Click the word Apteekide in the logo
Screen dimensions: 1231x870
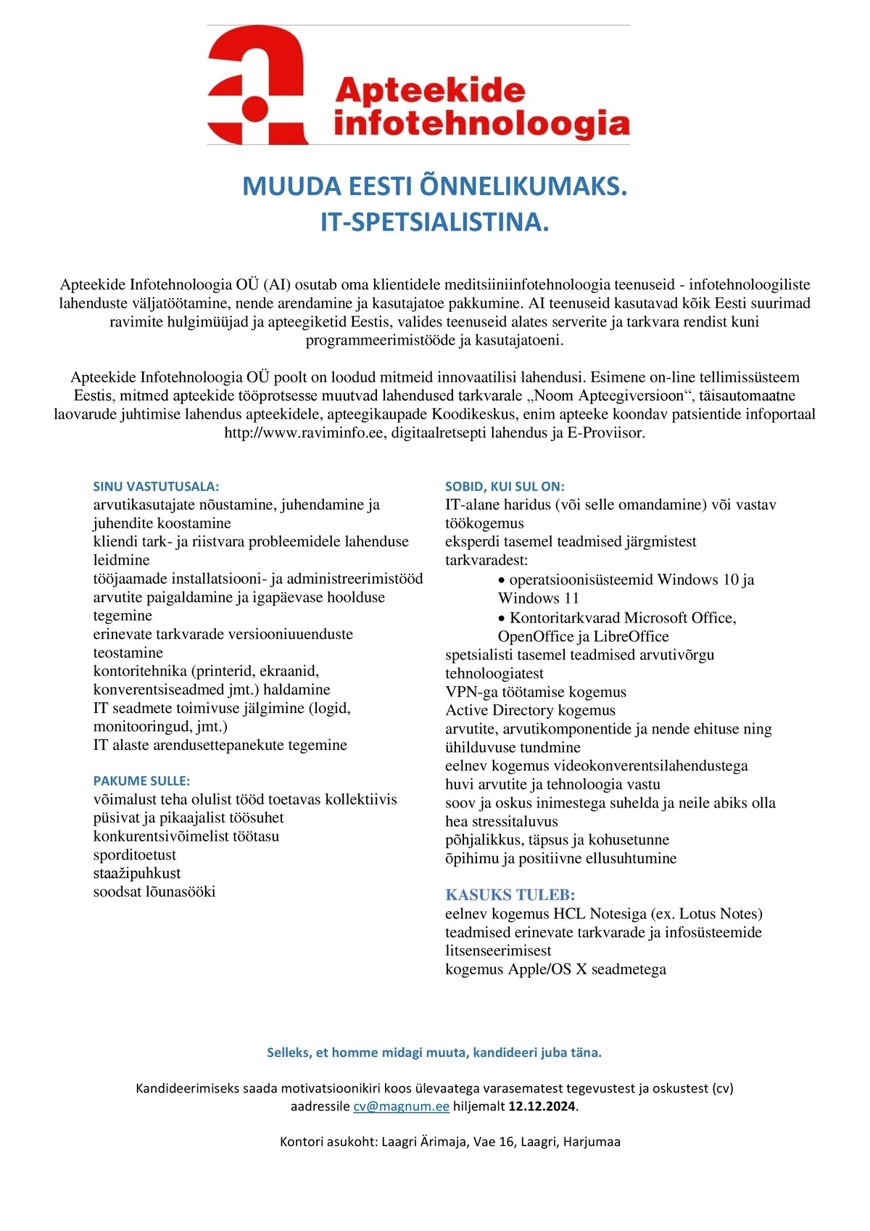tap(430, 91)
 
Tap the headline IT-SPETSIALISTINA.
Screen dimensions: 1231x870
tap(434, 222)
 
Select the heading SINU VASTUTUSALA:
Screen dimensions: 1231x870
tap(156, 487)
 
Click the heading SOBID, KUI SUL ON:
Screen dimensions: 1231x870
tap(505, 487)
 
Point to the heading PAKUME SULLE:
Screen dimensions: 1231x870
tap(141, 781)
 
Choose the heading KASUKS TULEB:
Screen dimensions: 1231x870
tap(510, 894)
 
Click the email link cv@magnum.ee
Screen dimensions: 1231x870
tap(401, 1107)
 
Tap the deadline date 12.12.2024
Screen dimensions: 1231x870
tap(542, 1107)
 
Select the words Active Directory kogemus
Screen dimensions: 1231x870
tap(530, 710)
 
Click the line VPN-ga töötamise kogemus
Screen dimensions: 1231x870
tap(536, 692)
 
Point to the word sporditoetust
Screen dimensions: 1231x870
tap(135, 855)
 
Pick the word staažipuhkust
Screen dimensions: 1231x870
tap(137, 873)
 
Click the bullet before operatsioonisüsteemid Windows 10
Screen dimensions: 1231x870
tap(502, 580)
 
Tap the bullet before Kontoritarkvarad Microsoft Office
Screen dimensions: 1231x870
tap(502, 618)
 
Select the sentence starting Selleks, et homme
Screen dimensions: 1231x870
tap(434, 1053)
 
